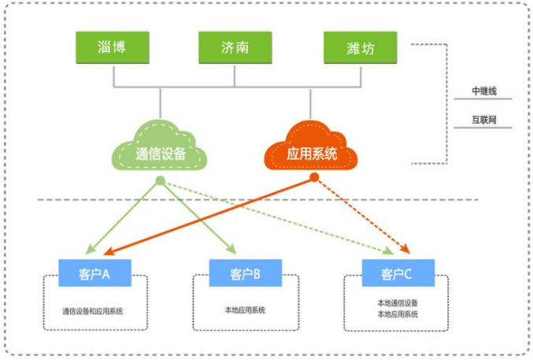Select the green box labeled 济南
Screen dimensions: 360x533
(235, 47)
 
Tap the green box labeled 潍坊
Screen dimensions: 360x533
(360, 47)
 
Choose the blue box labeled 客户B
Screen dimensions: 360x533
(245, 273)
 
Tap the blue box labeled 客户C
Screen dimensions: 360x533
(396, 273)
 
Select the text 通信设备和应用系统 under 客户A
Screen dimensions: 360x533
(93, 310)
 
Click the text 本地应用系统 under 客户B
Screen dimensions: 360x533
(245, 310)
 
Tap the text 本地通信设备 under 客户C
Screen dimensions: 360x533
(398, 302)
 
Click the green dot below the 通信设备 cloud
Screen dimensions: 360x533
(160, 180)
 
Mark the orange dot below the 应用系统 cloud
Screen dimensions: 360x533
(314, 177)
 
